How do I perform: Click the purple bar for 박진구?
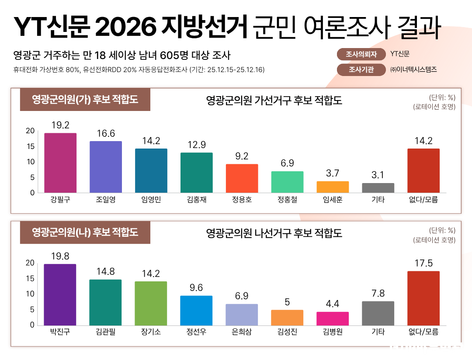pos(60,295)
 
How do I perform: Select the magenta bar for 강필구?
pos(60,163)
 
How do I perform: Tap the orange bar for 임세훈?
pos(333,187)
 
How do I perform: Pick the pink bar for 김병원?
pos(333,318)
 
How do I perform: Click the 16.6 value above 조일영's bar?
pos(106,134)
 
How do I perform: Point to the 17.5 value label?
pos(423,263)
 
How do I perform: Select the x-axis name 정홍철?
pos(287,201)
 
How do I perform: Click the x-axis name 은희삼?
pos(242,332)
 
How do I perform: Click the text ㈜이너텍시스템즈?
pos(413,69)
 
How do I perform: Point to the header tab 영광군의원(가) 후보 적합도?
pos(85,100)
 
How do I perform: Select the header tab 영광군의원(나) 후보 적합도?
pos(85,232)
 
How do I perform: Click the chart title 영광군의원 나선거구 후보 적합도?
pos(274,233)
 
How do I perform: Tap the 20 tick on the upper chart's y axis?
pos(30,131)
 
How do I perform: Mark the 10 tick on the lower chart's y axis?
pos(30,294)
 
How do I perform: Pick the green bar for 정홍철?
pos(287,182)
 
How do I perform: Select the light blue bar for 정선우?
pos(196,311)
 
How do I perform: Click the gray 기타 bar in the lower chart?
pos(378,313)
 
